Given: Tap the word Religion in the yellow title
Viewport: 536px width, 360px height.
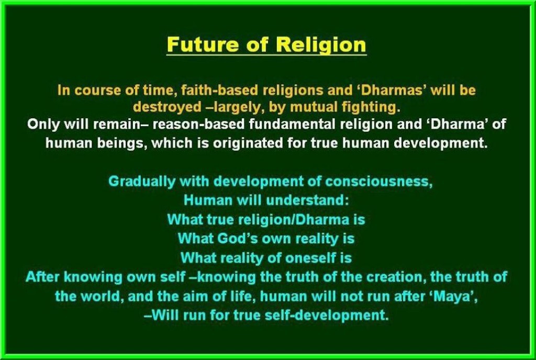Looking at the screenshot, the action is (x=321, y=45).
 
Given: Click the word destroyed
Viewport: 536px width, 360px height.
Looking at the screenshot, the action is (x=167, y=107).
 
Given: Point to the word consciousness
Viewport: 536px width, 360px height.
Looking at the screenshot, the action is (x=379, y=182).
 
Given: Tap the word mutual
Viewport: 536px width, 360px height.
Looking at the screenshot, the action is (x=314, y=107).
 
